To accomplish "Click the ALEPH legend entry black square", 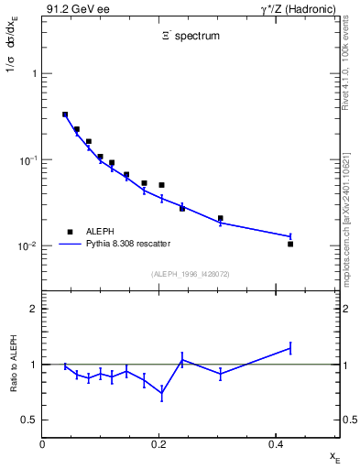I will [69, 232].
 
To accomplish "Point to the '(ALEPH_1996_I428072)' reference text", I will [191, 274].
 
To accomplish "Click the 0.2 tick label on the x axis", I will [159, 443].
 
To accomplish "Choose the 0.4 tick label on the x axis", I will [276, 443].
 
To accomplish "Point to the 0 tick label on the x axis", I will [43, 443].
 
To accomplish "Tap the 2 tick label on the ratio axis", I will [33, 309].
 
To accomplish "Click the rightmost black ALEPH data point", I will [290, 244].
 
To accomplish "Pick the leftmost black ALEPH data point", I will [65, 115].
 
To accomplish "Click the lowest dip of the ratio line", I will [162, 394].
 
